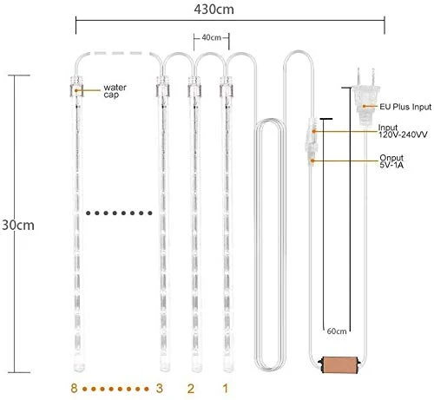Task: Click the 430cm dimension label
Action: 214,10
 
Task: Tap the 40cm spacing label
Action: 212,37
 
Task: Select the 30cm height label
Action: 18,225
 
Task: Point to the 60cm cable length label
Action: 337,331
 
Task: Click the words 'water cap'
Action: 115,91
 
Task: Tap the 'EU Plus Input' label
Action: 405,107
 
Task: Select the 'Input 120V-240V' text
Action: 403,131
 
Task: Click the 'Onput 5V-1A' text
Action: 391,161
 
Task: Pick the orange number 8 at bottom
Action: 74,388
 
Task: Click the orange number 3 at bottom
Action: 159,388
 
